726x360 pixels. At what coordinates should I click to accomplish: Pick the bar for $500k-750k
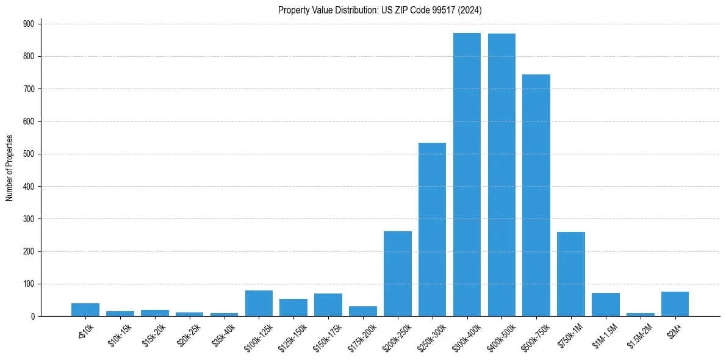(x=536, y=195)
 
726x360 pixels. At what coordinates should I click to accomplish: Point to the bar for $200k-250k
(x=398, y=274)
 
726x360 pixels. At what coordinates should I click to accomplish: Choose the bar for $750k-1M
(x=571, y=274)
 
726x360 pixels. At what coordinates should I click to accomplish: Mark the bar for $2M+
(x=675, y=304)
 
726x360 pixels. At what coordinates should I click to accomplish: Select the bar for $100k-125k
(x=259, y=303)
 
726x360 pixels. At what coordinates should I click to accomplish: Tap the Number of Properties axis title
(x=9, y=168)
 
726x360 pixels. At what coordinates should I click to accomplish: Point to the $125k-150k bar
(x=293, y=308)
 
